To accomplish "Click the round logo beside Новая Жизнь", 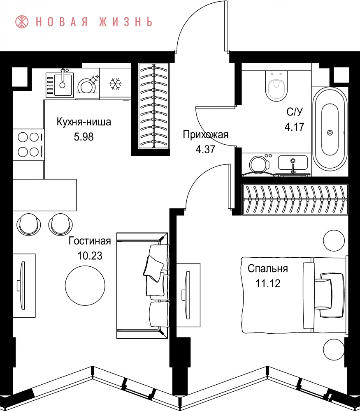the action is point(22,22).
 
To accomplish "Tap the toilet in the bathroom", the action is point(276,85).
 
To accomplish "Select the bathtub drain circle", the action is point(330,133).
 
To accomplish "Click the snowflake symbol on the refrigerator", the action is point(115,83).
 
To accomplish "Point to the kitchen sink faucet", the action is point(63,75).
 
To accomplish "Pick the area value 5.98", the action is point(84,137).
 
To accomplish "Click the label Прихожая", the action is point(205,134).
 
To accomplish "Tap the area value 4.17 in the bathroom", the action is point(295,127).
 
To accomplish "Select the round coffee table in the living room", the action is point(85,286).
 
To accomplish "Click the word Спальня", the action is point(268,269).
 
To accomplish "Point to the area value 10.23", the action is point(90,256).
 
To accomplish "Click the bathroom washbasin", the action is point(293,163).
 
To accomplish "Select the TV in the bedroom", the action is point(186,295).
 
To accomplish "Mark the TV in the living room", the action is point(22,286).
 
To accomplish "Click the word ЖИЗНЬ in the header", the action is point(125,22).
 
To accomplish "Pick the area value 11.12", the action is point(268,283).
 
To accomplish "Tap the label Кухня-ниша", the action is point(84,122).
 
